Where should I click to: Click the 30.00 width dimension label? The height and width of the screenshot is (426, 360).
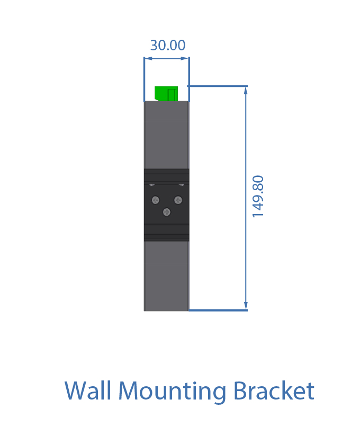click(168, 45)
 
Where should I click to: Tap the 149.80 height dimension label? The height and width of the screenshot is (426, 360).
click(258, 197)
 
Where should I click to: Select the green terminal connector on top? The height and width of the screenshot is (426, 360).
click(166, 94)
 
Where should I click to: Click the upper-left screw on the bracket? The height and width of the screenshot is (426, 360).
click(155, 200)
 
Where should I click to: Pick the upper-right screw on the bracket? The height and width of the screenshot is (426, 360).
click(178, 200)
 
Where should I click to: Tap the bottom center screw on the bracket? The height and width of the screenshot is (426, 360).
click(167, 212)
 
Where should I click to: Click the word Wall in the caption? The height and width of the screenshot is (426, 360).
click(88, 390)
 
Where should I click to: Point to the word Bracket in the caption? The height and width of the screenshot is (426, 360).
click(274, 390)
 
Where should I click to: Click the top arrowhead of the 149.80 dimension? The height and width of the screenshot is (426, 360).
click(246, 91)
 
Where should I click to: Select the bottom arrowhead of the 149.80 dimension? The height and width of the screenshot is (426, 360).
click(246, 306)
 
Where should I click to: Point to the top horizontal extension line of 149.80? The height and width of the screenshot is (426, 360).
click(218, 86)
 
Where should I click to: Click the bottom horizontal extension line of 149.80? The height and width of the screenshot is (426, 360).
click(218, 310)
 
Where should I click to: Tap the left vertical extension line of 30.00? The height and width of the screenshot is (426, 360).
click(144, 79)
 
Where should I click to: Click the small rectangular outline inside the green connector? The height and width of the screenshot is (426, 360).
click(172, 95)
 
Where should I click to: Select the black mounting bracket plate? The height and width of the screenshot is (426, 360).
click(166, 205)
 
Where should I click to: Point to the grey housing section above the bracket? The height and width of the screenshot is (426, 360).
click(166, 135)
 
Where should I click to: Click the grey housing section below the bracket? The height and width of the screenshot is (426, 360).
click(166, 276)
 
